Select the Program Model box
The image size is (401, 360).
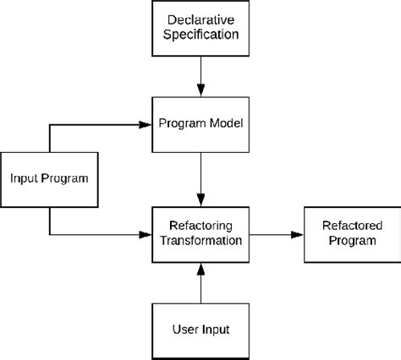200,124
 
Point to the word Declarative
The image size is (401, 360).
200,19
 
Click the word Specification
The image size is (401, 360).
200,35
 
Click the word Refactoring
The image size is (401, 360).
200,225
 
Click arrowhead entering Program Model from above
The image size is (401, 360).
200,90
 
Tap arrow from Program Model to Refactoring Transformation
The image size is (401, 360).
200,177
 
